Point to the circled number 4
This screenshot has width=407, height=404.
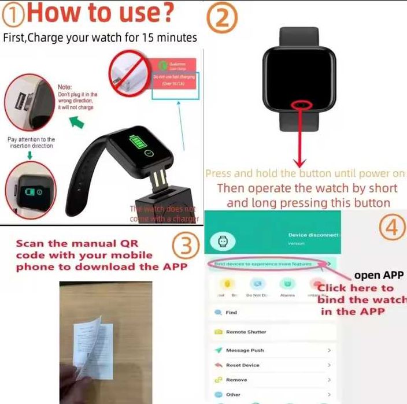click(393, 227)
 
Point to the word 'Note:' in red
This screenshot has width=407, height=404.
click(65, 87)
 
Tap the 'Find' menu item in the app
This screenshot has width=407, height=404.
click(231, 313)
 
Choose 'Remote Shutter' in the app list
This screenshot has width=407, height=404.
click(245, 332)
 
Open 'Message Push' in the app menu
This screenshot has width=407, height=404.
click(245, 350)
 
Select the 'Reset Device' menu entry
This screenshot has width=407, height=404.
click(242, 365)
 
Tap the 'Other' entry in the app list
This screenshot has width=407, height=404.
click(233, 395)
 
